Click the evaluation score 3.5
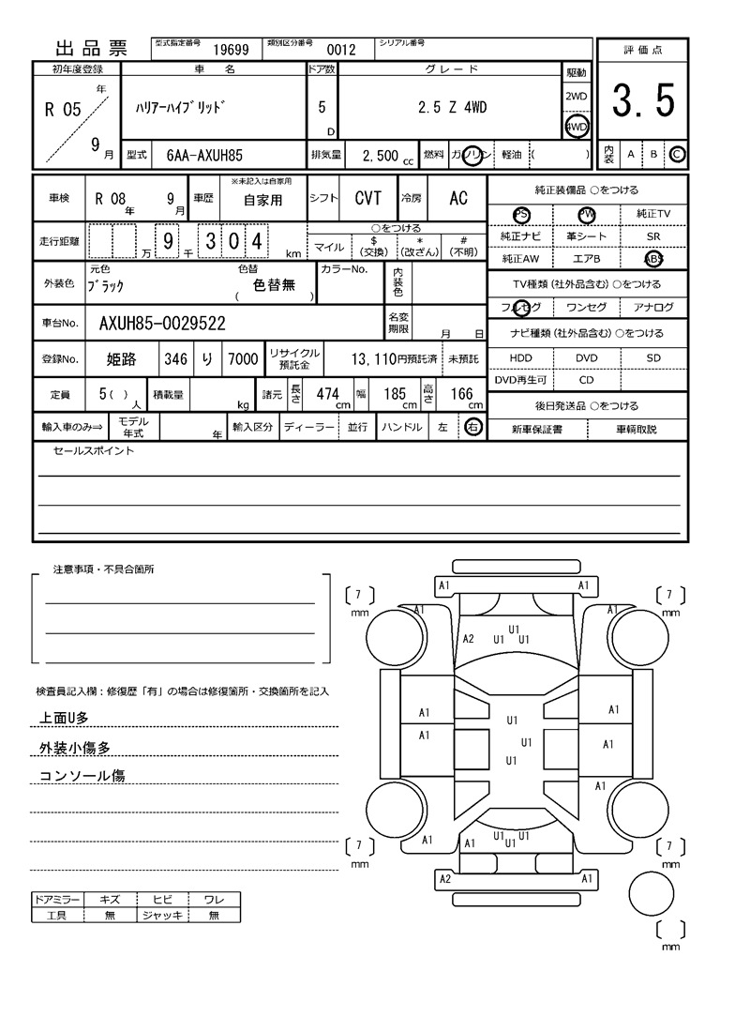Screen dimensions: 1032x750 [643, 101]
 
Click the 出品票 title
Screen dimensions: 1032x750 [92, 50]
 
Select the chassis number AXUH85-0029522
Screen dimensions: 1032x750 [161, 325]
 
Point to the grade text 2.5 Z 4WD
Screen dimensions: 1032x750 [452, 108]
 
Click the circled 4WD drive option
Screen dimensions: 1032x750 [576, 127]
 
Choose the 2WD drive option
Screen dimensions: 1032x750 [576, 97]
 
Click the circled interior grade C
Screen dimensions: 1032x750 [677, 154]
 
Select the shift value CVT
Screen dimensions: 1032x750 [367, 198]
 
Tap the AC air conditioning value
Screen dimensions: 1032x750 [458, 198]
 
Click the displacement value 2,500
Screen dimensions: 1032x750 [380, 156]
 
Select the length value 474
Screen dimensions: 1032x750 [327, 394]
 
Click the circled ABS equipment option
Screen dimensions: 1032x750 [652, 259]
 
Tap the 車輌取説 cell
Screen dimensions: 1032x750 [637, 429]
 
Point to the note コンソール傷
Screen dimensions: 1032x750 [82, 776]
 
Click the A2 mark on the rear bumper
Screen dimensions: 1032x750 [445, 879]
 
